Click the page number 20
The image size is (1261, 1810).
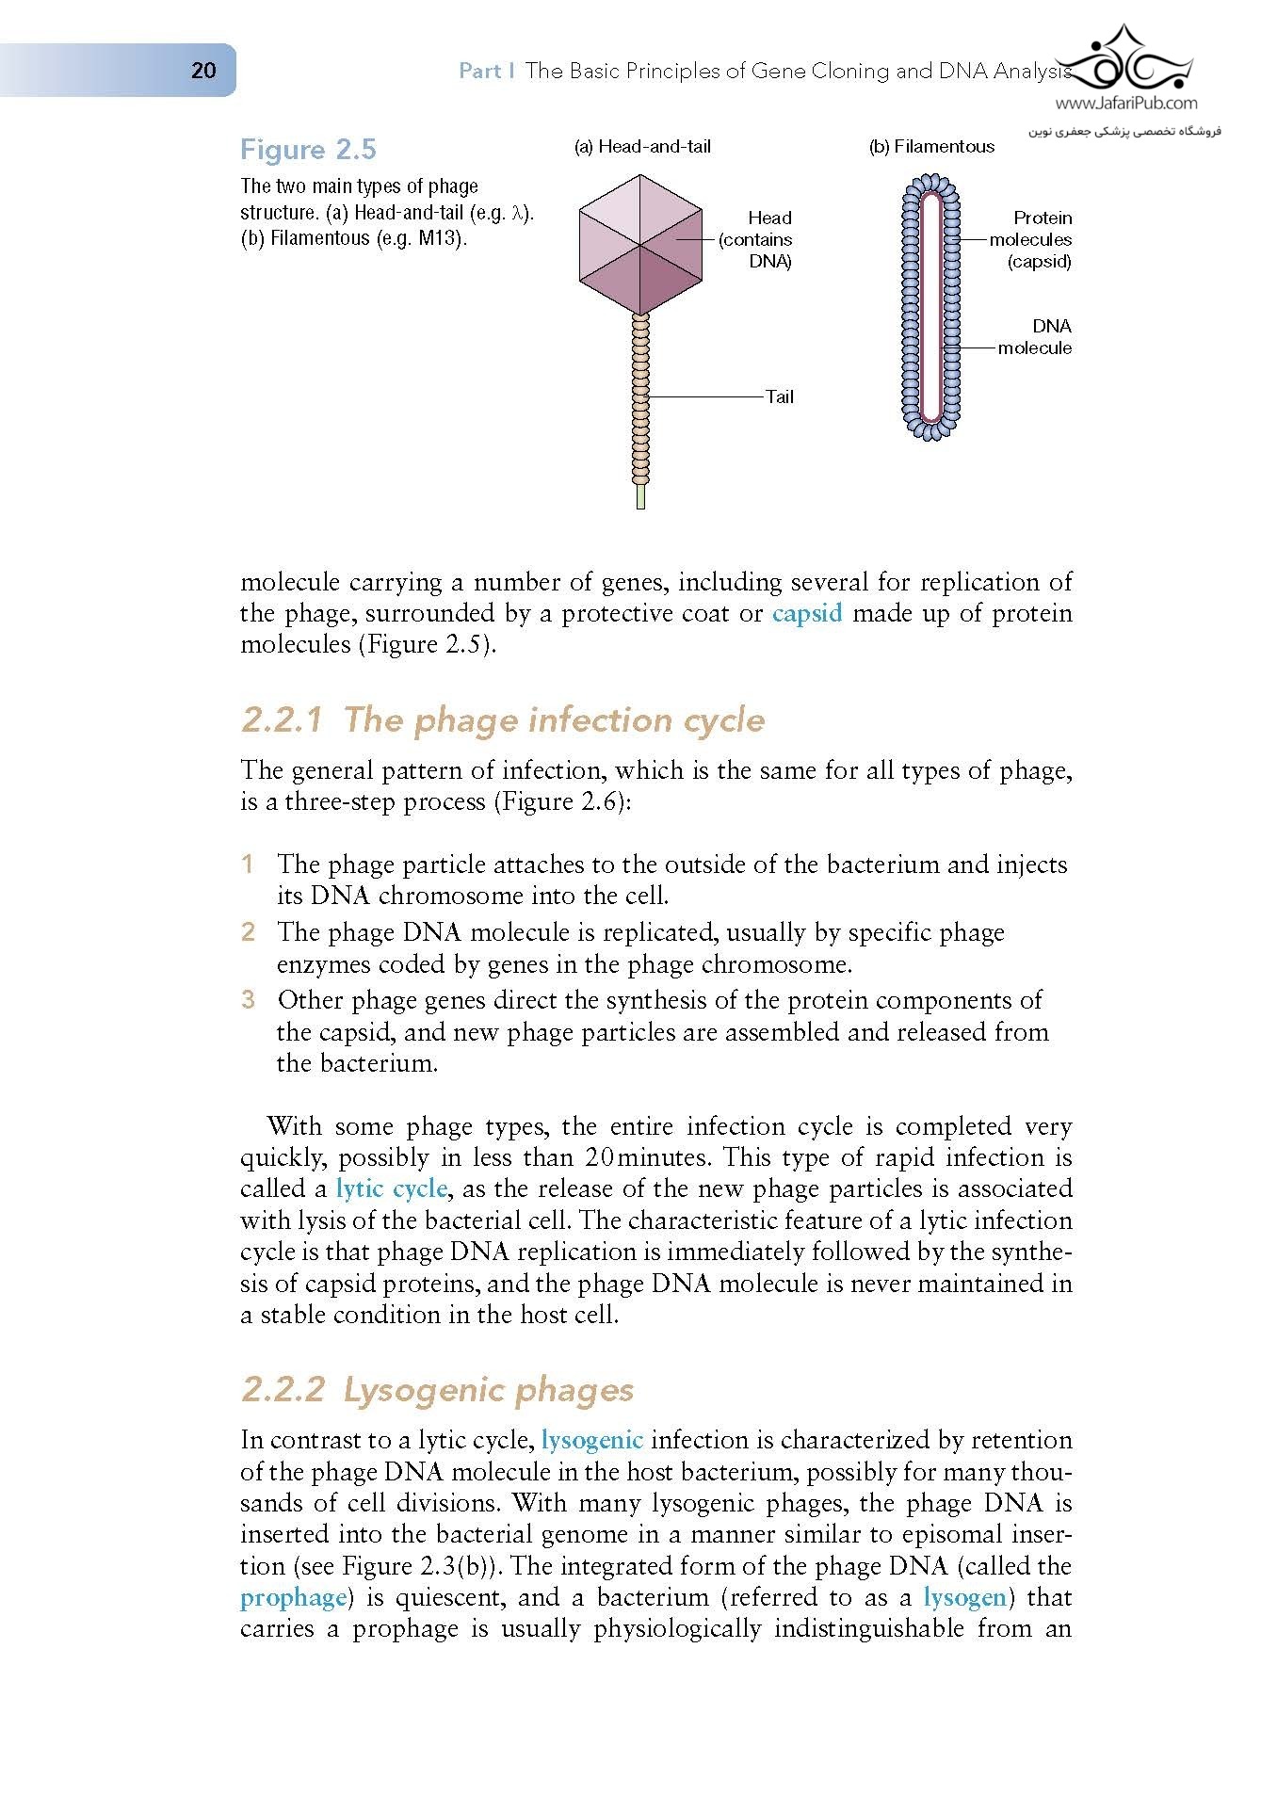click(203, 71)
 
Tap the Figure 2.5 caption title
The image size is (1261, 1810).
click(308, 150)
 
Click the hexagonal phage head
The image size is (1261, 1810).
click(640, 245)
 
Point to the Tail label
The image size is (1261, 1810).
click(779, 396)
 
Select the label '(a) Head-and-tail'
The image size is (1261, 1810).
click(642, 146)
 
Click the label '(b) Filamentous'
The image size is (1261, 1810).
click(930, 146)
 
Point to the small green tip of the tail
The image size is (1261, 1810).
click(640, 496)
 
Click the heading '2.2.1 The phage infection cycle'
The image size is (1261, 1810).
click(503, 720)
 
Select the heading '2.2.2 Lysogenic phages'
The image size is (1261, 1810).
click(437, 1390)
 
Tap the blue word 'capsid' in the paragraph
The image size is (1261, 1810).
click(807, 614)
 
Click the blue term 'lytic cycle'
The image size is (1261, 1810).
click(391, 1188)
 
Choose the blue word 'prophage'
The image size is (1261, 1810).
click(293, 1597)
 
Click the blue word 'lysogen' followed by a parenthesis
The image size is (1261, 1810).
click(964, 1597)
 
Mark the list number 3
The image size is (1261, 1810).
click(248, 999)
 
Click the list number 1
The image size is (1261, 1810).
click(248, 864)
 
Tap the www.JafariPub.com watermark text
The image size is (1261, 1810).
click(1126, 104)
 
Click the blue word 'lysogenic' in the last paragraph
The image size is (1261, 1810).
click(592, 1440)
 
